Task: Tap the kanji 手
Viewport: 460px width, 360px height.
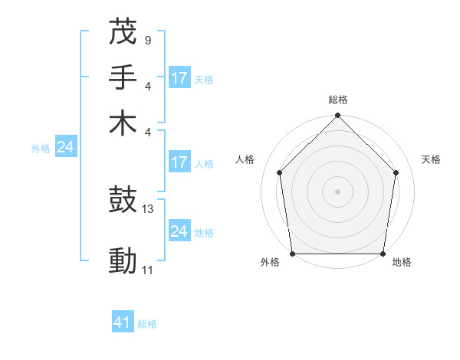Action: [123, 78]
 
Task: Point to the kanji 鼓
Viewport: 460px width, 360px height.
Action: [123, 201]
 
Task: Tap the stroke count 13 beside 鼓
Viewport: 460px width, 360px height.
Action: [149, 209]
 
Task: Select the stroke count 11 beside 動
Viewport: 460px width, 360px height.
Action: [148, 270]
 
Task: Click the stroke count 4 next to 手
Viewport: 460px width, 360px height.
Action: [147, 86]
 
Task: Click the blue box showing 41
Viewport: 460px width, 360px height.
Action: [123, 322]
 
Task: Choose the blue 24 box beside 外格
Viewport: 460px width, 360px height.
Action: [65, 148]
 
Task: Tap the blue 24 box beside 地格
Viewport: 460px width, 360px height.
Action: [179, 231]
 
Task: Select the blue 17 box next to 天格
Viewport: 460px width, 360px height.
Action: [179, 77]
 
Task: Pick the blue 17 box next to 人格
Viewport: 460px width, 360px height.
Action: [179, 162]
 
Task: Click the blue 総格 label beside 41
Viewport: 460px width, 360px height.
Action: [147, 324]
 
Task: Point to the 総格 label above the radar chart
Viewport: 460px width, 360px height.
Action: [337, 100]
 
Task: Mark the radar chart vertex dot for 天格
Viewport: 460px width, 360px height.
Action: [396, 172]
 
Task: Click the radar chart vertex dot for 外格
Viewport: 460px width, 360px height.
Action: [292, 254]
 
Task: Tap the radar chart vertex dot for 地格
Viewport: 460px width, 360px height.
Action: [383, 254]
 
